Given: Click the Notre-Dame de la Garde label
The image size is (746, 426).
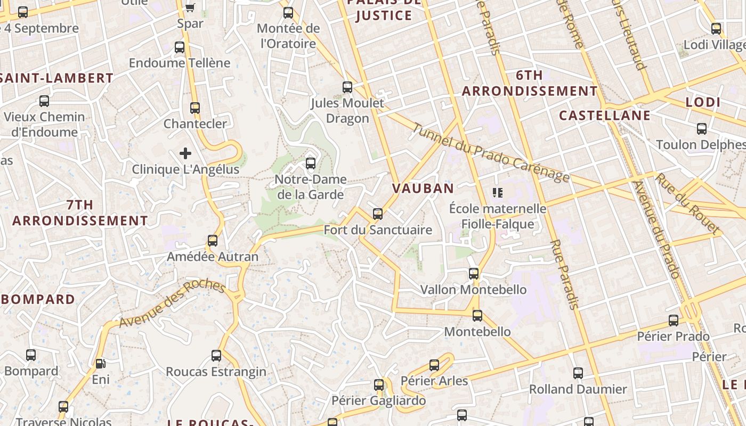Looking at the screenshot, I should pyautogui.click(x=311, y=187).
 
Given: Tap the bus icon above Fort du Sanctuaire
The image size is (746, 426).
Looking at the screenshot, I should pyautogui.click(x=378, y=214).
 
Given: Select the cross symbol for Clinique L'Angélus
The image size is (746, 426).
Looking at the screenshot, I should pyautogui.click(x=185, y=154).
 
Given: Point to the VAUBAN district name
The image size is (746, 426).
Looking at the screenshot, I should pyautogui.click(x=423, y=188).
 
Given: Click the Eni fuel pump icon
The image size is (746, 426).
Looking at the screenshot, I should pyautogui.click(x=100, y=364).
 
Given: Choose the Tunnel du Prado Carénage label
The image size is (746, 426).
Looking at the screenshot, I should pyautogui.click(x=491, y=153).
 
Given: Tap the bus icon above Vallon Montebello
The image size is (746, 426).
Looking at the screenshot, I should pyautogui.click(x=474, y=274).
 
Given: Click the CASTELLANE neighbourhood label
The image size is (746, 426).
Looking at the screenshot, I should pyautogui.click(x=605, y=116).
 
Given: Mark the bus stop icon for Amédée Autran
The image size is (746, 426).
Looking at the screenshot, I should pyautogui.click(x=213, y=241).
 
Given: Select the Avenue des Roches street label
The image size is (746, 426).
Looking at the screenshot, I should pyautogui.click(x=172, y=303).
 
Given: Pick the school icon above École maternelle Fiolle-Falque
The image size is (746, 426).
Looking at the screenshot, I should pyautogui.click(x=498, y=192).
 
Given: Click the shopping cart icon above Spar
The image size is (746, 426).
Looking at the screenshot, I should pyautogui.click(x=190, y=7).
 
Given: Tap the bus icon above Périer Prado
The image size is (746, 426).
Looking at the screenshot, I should pyautogui.click(x=674, y=321).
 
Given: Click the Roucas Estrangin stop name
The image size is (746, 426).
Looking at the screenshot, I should pyautogui.click(x=216, y=372).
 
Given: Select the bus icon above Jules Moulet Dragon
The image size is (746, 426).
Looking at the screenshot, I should pyautogui.click(x=347, y=87).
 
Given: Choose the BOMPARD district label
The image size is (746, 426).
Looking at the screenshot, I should pyautogui.click(x=38, y=299).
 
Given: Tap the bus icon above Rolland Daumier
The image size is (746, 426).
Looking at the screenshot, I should pyautogui.click(x=578, y=373).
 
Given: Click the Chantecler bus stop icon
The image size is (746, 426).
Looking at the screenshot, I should pyautogui.click(x=195, y=108).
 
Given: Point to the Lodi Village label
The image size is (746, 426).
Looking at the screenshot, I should pyautogui.click(x=714, y=45).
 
